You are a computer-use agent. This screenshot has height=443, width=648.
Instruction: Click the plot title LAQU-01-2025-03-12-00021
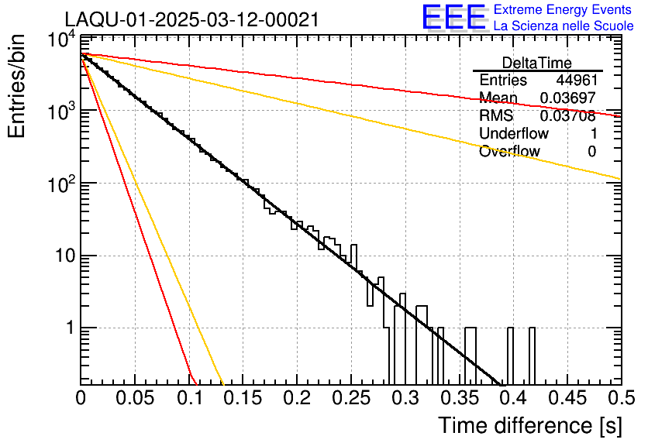[x=191, y=20]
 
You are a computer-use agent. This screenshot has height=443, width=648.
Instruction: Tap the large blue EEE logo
[x=453, y=17]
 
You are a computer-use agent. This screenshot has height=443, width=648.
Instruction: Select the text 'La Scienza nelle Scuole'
[x=564, y=26]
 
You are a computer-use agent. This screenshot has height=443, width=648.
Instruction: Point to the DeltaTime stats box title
[x=537, y=63]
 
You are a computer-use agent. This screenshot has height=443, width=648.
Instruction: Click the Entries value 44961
[x=576, y=81]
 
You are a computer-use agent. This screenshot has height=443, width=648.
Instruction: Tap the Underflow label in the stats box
[x=514, y=134]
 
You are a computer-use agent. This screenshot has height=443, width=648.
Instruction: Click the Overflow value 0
[x=591, y=152]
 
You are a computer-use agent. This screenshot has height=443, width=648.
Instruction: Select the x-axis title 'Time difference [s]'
[x=529, y=425]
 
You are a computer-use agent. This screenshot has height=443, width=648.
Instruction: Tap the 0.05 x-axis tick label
[x=134, y=398]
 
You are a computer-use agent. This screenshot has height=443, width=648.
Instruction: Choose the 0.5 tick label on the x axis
[x=620, y=398]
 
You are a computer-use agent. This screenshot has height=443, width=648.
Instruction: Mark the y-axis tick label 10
[x=64, y=256]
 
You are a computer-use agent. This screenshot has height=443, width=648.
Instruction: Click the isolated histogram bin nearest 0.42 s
[x=532, y=355]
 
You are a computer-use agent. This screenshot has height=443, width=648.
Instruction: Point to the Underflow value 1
[x=593, y=134]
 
